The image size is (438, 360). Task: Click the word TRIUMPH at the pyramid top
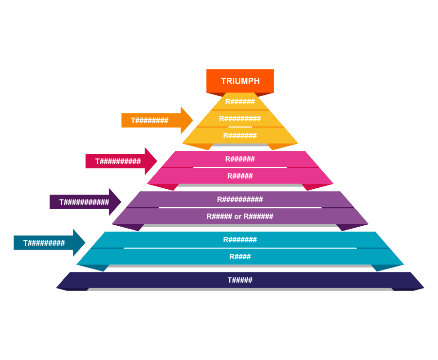pyautogui.click(x=240, y=81)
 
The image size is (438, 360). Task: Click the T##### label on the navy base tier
pyautogui.click(x=240, y=280)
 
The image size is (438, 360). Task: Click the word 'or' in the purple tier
pyautogui.click(x=238, y=216)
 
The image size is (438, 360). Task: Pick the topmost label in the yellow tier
pyautogui.click(x=240, y=102)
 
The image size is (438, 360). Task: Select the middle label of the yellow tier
pyautogui.click(x=240, y=119)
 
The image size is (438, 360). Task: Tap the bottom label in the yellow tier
pyautogui.click(x=240, y=136)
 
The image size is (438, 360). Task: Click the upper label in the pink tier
pyautogui.click(x=240, y=159)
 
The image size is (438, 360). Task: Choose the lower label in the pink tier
pyautogui.click(x=240, y=176)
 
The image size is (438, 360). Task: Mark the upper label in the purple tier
pyautogui.click(x=240, y=199)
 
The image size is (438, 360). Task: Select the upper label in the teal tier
pyautogui.click(x=240, y=240)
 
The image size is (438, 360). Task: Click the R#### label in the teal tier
pyautogui.click(x=240, y=257)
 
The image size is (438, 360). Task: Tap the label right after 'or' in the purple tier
pyautogui.click(x=258, y=216)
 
